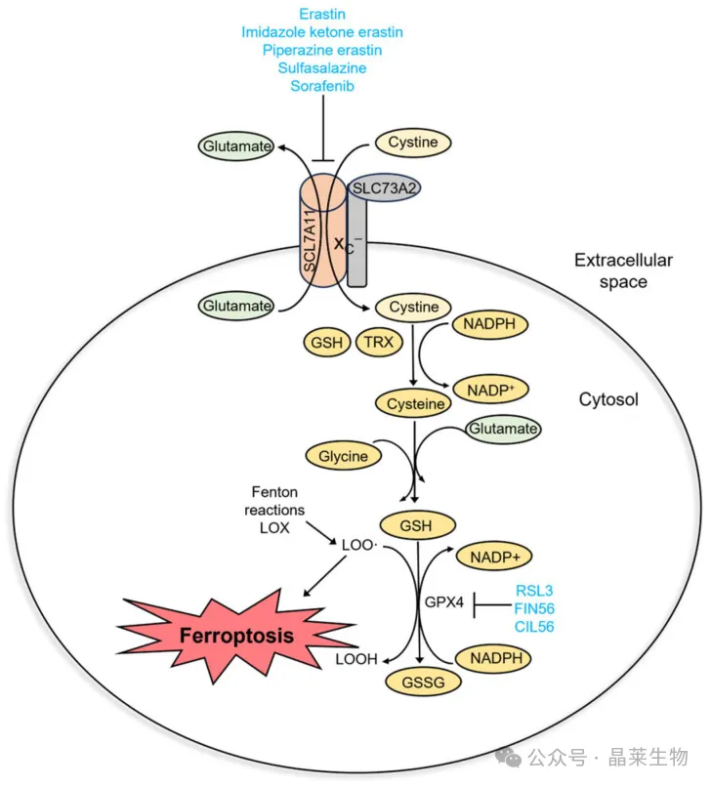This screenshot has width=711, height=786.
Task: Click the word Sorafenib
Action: point(322,86)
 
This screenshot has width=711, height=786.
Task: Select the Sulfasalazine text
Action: point(322,67)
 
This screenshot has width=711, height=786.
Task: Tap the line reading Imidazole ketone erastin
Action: point(322,32)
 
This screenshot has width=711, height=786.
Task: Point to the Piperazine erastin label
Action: point(322,50)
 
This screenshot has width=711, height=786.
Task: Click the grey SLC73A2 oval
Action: point(384,188)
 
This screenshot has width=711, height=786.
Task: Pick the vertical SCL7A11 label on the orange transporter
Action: point(310,240)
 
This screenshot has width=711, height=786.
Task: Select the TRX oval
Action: point(379,343)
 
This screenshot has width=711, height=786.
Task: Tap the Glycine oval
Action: point(344,456)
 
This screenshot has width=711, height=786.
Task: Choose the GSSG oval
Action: point(423,683)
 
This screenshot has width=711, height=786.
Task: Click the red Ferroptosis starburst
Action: point(236,635)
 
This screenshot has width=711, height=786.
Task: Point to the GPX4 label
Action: point(444,601)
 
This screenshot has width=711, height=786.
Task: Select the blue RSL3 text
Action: point(534,591)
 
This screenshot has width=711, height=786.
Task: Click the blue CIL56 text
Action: point(534,627)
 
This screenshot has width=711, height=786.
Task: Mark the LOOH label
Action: point(356,659)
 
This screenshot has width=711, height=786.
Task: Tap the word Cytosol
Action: point(608,399)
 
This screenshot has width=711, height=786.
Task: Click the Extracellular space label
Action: point(623,270)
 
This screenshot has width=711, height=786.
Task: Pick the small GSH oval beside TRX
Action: point(327,343)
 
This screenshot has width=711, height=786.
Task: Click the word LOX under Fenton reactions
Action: point(274,528)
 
